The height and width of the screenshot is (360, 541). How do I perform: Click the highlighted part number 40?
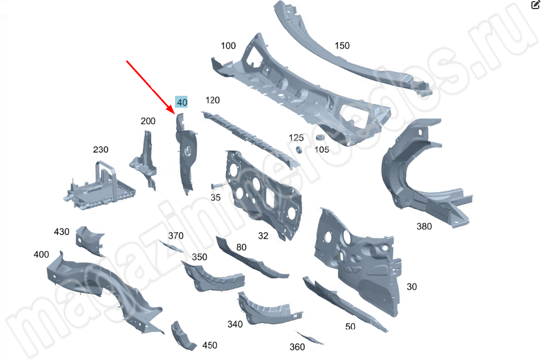tap(181, 102)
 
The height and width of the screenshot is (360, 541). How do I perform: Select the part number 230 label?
tap(100, 150)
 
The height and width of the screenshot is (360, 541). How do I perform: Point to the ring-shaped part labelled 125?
tap(299, 150)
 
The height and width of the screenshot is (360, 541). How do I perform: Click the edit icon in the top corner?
tap(535, 5)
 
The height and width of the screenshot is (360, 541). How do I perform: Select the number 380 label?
tap(424, 226)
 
